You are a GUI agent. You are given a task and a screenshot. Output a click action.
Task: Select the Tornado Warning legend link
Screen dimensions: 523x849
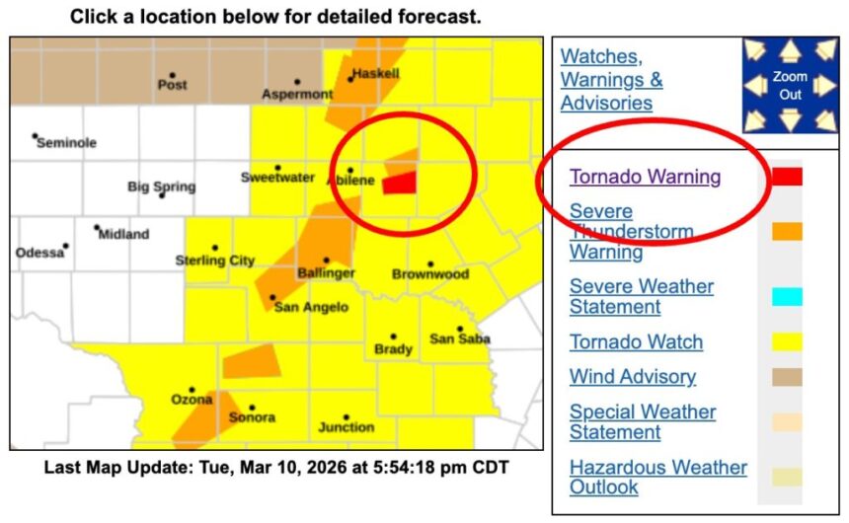point(645,178)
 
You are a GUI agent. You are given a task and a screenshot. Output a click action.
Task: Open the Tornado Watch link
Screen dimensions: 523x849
point(636,342)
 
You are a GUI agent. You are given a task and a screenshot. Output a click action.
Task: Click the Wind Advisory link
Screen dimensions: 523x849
point(632,377)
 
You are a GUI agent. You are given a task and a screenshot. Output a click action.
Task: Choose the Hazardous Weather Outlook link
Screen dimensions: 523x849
point(657,477)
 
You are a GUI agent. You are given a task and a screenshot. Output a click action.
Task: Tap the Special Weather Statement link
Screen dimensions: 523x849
point(642,422)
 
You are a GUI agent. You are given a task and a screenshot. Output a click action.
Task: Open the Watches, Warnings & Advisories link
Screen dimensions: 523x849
point(611,80)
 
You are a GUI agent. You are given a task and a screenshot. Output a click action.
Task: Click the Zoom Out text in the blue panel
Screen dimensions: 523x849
point(790,85)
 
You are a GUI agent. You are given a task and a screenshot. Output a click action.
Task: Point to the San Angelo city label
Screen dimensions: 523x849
point(311,308)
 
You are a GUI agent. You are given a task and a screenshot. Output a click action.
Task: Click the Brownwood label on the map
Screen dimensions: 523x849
point(430,274)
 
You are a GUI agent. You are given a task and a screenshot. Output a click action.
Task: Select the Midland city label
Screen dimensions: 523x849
point(124,235)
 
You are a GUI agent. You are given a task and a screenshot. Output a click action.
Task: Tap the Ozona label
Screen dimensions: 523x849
point(192,400)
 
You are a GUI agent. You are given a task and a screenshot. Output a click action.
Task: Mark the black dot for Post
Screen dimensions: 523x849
point(172,75)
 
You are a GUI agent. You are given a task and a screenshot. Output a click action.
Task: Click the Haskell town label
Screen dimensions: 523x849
point(375,74)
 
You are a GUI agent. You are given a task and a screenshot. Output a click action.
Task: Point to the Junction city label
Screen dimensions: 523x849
point(346,427)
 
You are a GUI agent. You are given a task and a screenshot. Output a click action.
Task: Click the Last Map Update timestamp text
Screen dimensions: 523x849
point(275,467)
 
